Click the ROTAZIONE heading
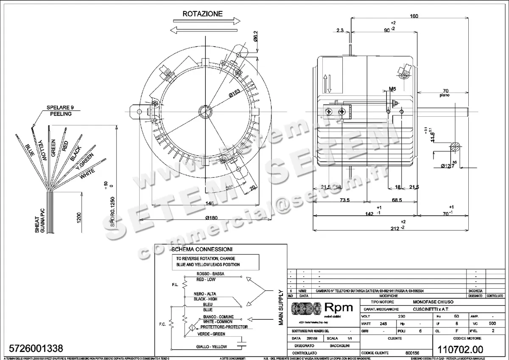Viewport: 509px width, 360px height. pos(202,14)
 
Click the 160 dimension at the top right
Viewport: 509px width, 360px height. pos(414,16)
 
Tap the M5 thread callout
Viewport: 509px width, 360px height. pos(392,89)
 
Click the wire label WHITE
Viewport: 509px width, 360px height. pos(87,173)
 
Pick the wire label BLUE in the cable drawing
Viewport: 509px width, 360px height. pos(30,151)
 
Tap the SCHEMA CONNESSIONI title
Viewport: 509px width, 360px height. pos(201,249)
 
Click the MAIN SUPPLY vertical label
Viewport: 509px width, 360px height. pos(280,307)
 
